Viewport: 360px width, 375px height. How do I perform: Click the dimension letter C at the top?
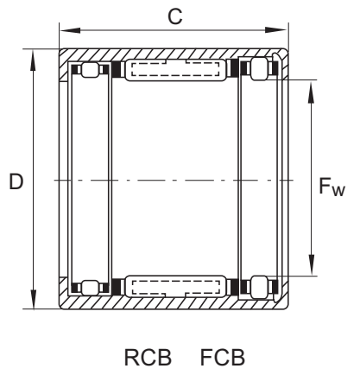(175, 16)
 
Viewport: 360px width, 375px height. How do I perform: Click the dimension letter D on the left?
(16, 181)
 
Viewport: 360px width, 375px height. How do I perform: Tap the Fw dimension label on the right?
(332, 187)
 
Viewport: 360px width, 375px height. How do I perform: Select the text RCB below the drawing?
(148, 357)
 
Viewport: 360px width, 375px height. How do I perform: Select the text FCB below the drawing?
(223, 357)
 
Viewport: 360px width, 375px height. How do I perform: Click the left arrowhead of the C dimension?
(70, 30)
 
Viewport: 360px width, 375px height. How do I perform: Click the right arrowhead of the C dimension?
(276, 30)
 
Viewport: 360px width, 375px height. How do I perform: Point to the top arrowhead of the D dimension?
(34, 60)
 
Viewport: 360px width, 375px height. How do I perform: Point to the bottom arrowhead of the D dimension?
(34, 299)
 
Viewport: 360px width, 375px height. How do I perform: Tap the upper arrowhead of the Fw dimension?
(312, 92)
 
